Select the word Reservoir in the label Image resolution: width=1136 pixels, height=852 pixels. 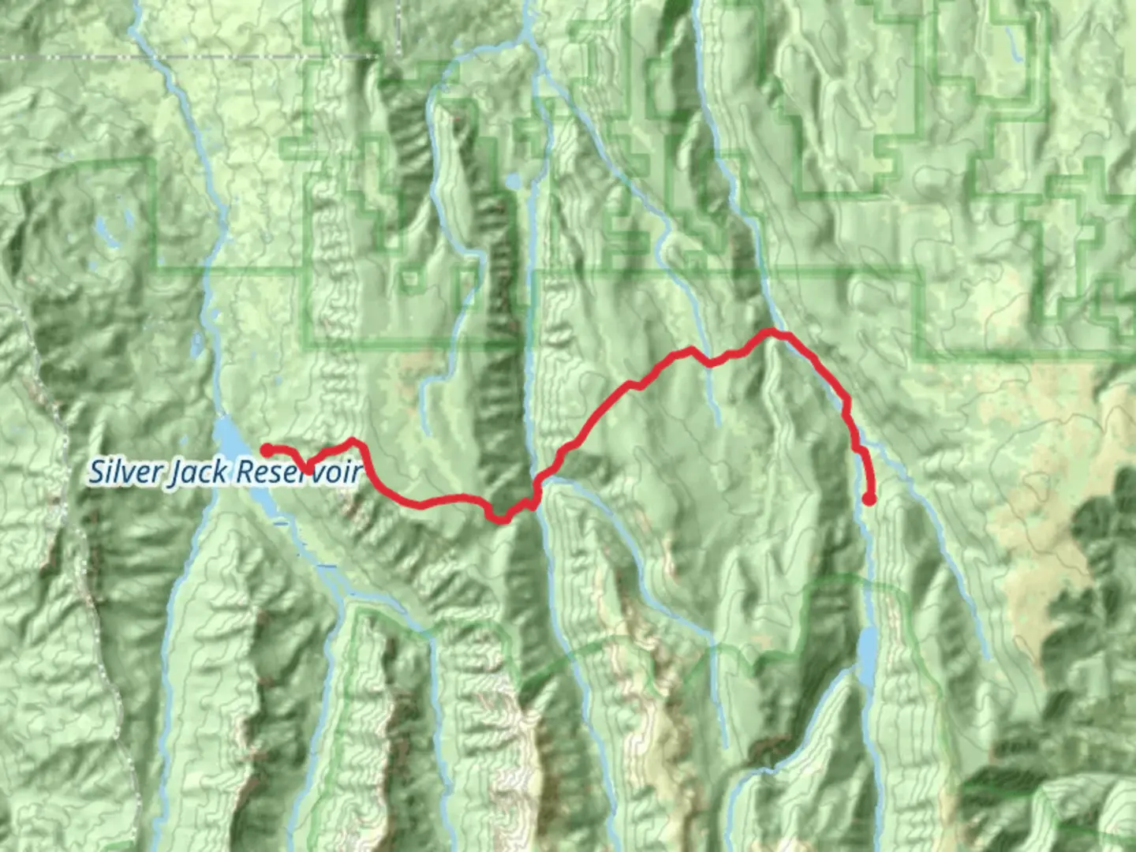pos(298,472)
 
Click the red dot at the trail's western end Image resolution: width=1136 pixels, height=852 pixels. pos(267,450)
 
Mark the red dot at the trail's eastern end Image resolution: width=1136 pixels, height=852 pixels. pos(869,499)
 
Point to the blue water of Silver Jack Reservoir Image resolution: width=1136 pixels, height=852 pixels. pos(228,439)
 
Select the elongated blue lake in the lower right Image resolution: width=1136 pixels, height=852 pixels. pos(867,655)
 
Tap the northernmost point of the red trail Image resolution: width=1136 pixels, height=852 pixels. pos(771,332)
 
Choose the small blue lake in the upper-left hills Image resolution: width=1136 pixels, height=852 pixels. pos(103,229)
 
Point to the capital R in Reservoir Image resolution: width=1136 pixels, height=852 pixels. pos(246,472)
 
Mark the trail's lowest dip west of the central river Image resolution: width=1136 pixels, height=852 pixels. pos(499,518)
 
